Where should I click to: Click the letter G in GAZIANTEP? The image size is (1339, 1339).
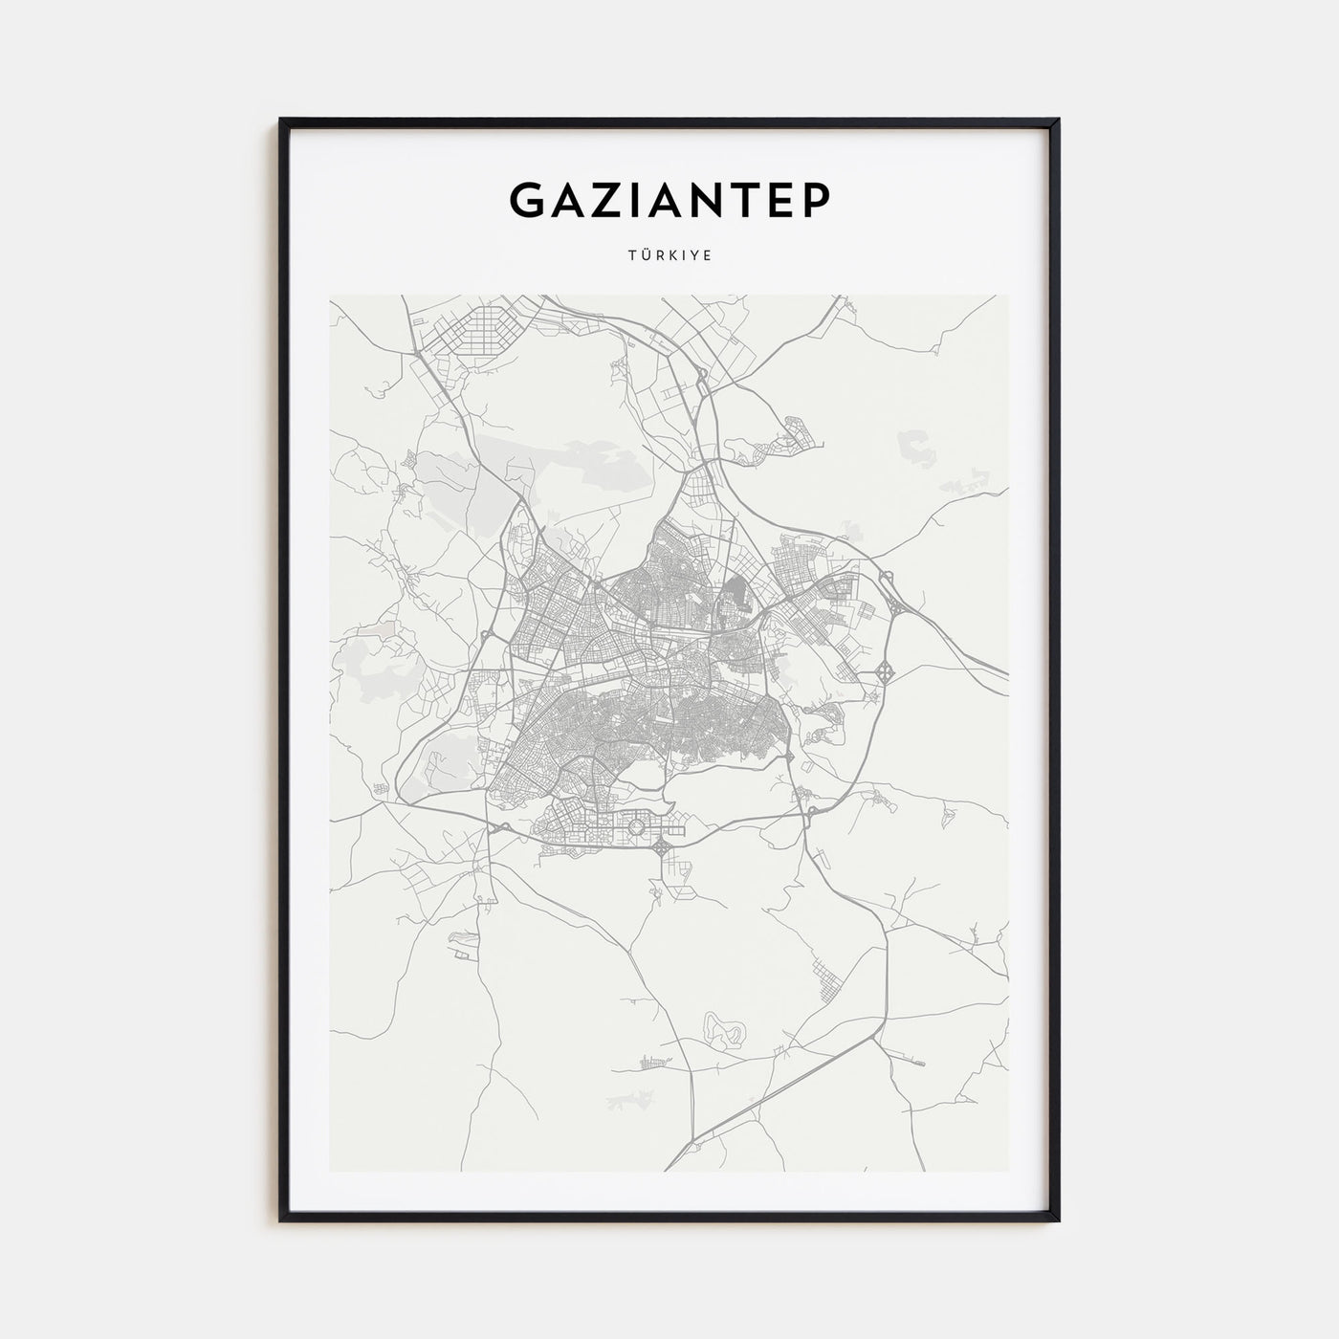click(x=529, y=199)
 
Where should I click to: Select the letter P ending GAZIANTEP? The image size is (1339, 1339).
click(x=817, y=199)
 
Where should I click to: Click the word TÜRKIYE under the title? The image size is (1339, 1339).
click(x=669, y=256)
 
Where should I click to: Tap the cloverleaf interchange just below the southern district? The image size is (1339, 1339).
click(x=663, y=845)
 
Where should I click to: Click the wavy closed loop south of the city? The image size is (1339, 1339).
click(x=724, y=1029)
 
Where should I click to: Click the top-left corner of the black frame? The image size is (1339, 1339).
click(x=281, y=121)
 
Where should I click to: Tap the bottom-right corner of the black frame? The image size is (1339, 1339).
click(x=1058, y=1219)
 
